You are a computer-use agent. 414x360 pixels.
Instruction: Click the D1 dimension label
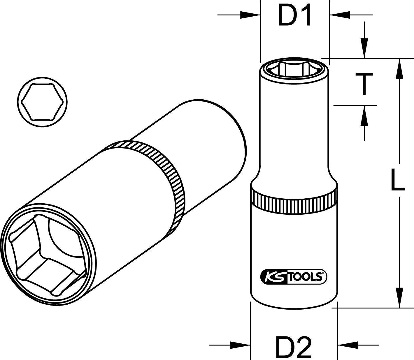294,15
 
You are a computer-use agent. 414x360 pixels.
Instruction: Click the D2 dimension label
294,347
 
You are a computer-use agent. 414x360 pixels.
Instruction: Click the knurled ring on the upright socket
294,201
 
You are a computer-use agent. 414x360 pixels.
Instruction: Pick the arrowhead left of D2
240,345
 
